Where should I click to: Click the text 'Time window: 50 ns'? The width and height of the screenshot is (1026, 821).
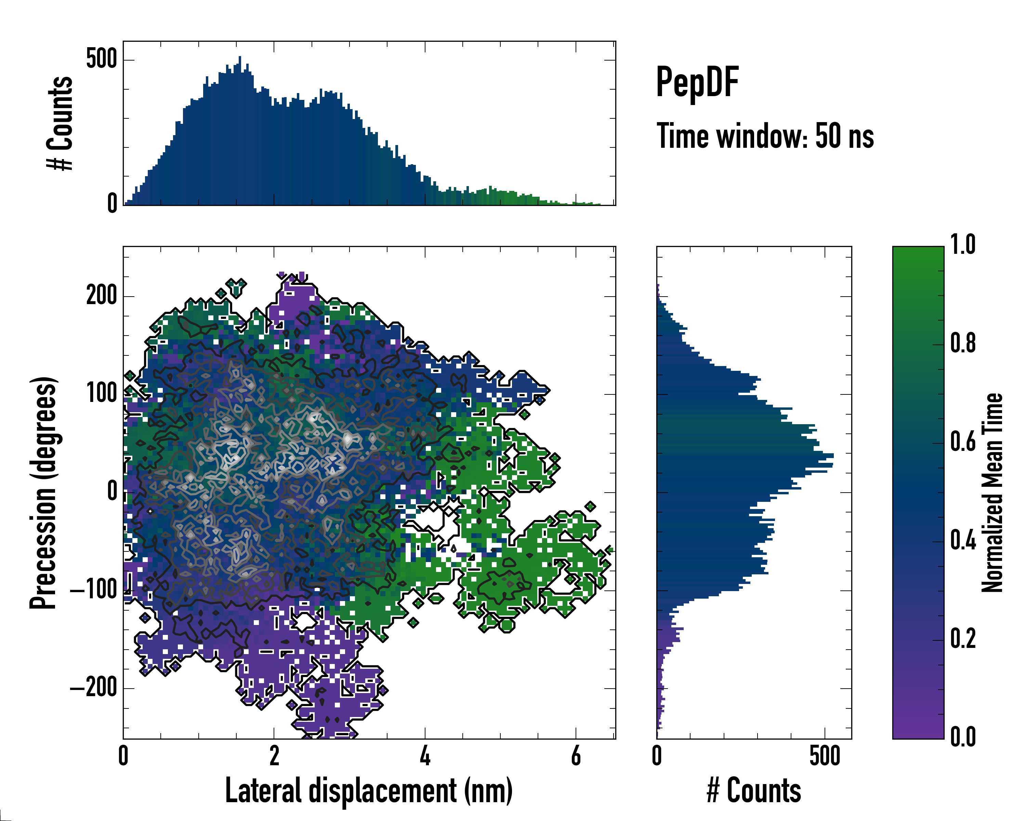pyautogui.click(x=765, y=136)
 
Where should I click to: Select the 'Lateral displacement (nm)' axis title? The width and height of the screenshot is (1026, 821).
pyautogui.click(x=369, y=791)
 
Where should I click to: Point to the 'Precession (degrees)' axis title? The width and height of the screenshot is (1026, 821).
pyautogui.click(x=43, y=493)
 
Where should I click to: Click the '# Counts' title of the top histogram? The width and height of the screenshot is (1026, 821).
pyautogui.click(x=60, y=123)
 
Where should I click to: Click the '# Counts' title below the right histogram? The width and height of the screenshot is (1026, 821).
pyautogui.click(x=754, y=791)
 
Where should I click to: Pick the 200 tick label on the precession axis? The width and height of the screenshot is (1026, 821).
pyautogui.click(x=101, y=296)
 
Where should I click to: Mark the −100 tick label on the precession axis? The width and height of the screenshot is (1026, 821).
pyautogui.click(x=93, y=590)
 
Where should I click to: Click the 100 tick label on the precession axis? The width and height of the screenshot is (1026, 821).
pyautogui.click(x=101, y=394)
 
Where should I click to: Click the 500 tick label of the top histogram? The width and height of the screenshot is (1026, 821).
pyautogui.click(x=101, y=60)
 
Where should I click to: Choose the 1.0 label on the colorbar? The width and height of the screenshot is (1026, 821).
pyautogui.click(x=963, y=245)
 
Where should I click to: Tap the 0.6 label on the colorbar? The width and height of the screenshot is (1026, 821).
pyautogui.click(x=963, y=442)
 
